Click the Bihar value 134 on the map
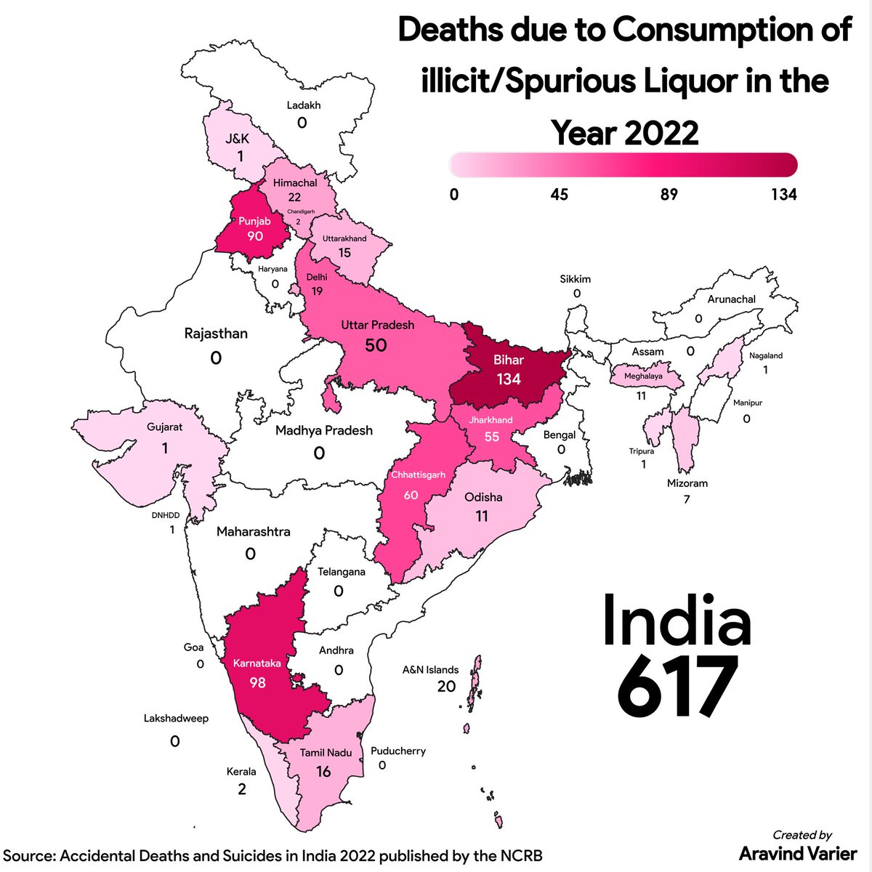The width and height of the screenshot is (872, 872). (509, 379)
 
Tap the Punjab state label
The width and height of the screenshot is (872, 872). (254, 221)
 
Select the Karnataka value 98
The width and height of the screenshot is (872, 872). (257, 682)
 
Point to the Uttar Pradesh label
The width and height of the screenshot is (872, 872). (378, 325)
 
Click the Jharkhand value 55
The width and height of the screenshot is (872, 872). (492, 437)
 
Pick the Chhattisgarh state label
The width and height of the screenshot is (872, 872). (418, 475)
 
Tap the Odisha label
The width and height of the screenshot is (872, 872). (483, 497)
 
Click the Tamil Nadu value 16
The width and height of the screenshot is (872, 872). (323, 771)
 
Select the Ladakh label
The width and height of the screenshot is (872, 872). (303, 105)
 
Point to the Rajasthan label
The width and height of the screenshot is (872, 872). (216, 334)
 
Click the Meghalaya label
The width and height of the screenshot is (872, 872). (643, 376)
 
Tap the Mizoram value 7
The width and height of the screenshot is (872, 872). (687, 499)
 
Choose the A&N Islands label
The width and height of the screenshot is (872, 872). (430, 669)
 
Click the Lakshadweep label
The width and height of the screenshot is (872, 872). (176, 718)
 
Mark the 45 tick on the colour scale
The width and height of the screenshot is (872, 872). (559, 194)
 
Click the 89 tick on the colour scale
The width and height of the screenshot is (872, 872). (669, 194)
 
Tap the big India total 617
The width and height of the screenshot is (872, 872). (677, 687)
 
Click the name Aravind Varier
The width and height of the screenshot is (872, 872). (798, 852)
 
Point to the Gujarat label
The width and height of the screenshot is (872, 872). (164, 427)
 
